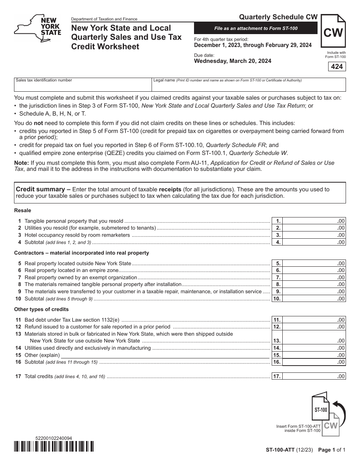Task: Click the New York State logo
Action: point(38,28)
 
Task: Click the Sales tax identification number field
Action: point(83,87)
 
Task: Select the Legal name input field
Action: point(249,87)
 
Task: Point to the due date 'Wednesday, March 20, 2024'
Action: point(232,61)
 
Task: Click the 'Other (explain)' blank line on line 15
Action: point(165,355)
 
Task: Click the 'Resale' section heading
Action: point(23,210)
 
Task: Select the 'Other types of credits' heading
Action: point(41,309)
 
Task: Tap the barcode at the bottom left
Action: point(54,447)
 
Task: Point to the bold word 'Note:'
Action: point(22,163)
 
